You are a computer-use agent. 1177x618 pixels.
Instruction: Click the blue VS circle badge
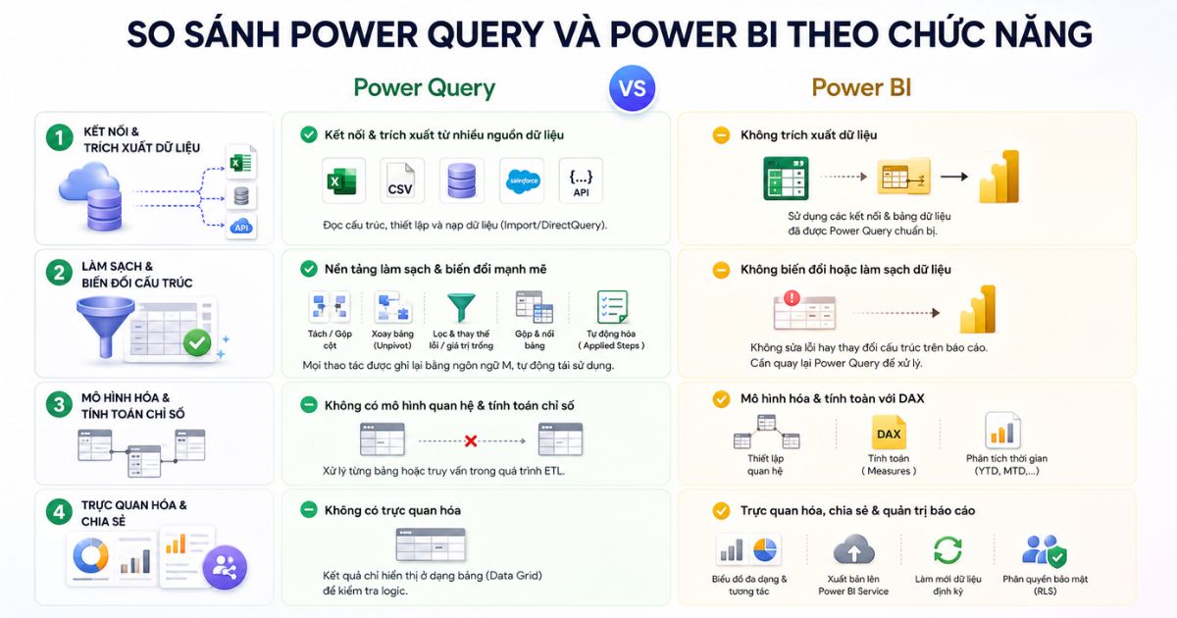pyautogui.click(x=632, y=88)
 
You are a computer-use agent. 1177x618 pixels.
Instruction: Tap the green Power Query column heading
pyautogui.click(x=425, y=88)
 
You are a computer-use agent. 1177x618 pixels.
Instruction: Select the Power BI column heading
pyautogui.click(x=861, y=87)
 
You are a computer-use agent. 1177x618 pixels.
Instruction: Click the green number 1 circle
pyautogui.click(x=60, y=137)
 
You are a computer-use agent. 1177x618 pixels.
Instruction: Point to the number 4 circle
pyautogui.click(x=59, y=512)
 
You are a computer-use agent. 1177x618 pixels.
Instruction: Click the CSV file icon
pyautogui.click(x=401, y=180)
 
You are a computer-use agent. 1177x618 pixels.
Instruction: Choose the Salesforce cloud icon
pyautogui.click(x=522, y=180)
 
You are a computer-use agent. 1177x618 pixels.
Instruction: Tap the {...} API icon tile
pyautogui.click(x=581, y=180)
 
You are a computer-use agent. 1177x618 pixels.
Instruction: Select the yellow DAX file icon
pyautogui.click(x=889, y=433)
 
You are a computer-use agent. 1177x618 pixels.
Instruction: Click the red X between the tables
pyautogui.click(x=471, y=440)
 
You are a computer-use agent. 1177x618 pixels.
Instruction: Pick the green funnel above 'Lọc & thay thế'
pyautogui.click(x=461, y=307)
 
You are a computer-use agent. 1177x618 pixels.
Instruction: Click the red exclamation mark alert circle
pyautogui.click(x=792, y=298)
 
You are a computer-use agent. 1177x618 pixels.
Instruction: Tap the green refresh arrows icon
pyautogui.click(x=947, y=549)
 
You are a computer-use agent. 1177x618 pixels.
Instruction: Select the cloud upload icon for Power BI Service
pyautogui.click(x=854, y=549)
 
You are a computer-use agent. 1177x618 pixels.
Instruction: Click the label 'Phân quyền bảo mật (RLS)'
pyautogui.click(x=1045, y=585)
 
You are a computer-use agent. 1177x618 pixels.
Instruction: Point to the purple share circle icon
pyautogui.click(x=225, y=568)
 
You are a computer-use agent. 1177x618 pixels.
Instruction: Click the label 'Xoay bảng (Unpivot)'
pyautogui.click(x=392, y=339)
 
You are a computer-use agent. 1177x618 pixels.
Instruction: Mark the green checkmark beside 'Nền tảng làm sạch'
pyautogui.click(x=308, y=269)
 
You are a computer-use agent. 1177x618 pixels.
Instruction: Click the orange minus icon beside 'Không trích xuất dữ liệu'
pyautogui.click(x=721, y=135)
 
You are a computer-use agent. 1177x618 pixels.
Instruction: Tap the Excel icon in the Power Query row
pyautogui.click(x=342, y=180)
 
